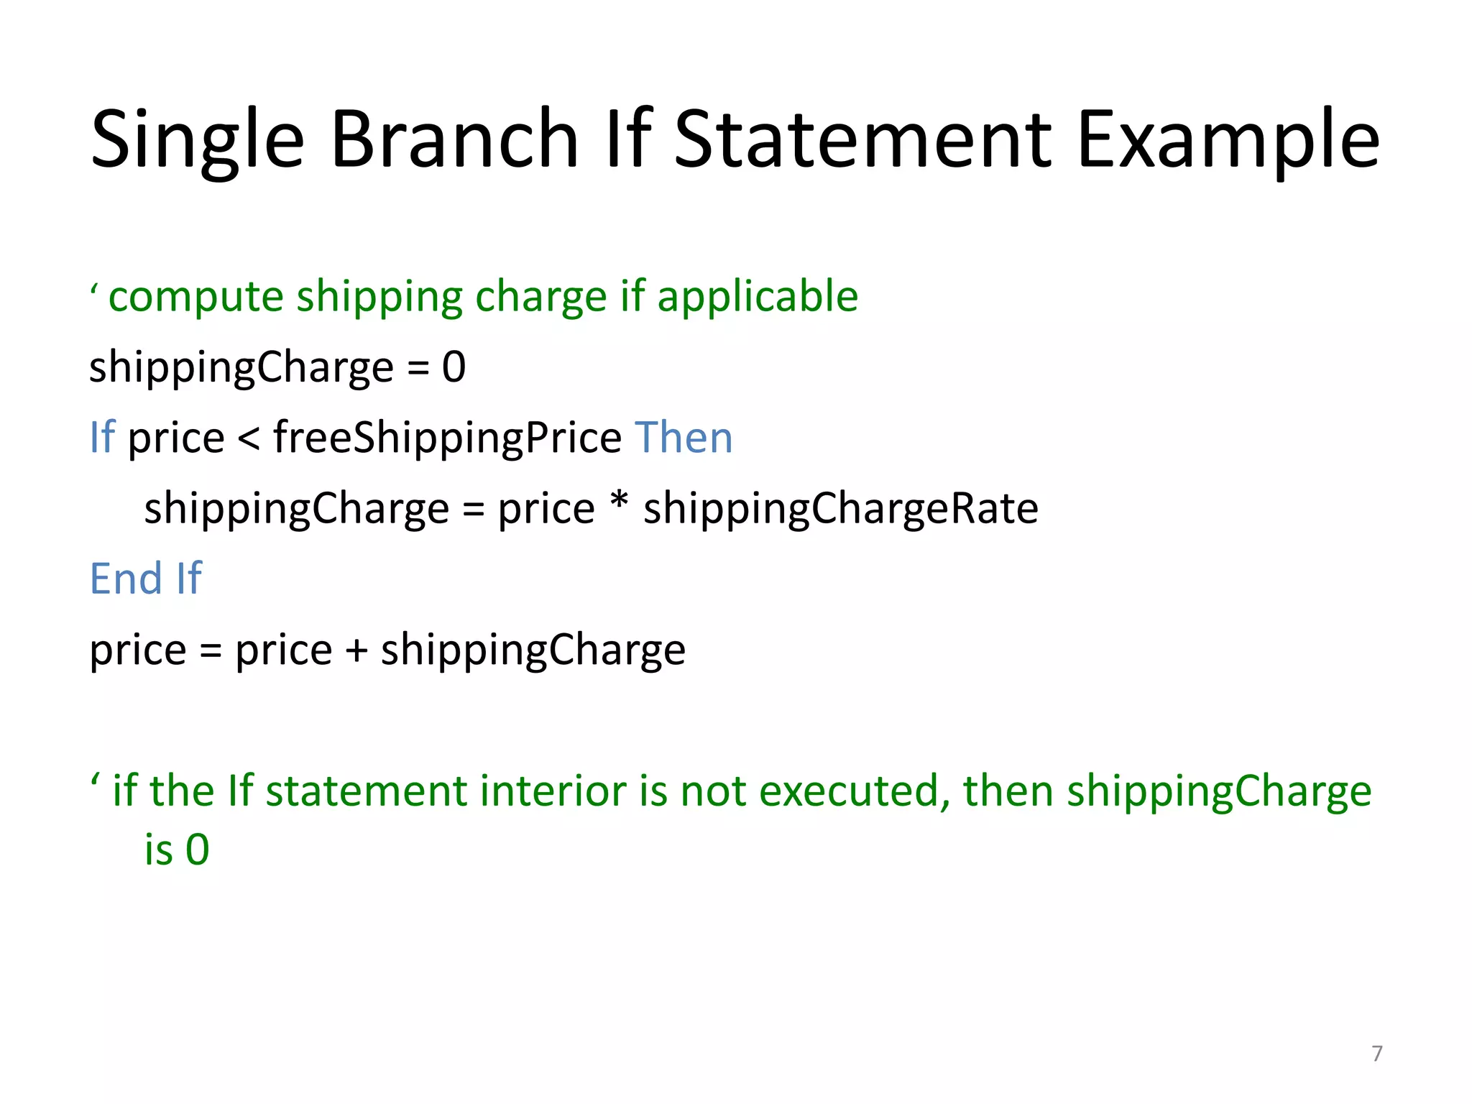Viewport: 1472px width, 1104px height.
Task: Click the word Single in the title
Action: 198,140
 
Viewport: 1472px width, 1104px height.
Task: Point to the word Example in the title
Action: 1228,140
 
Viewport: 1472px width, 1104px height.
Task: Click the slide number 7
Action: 1376,1053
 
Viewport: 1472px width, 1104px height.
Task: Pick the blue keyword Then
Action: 684,437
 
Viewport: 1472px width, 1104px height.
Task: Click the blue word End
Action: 126,579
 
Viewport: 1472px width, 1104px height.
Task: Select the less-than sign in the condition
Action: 249,438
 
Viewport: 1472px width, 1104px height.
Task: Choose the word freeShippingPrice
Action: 447,438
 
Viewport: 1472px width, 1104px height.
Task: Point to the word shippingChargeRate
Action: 840,509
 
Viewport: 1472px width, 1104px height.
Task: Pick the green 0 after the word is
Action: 198,850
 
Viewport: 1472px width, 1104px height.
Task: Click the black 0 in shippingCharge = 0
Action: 454,367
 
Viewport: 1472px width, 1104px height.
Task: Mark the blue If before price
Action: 102,437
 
